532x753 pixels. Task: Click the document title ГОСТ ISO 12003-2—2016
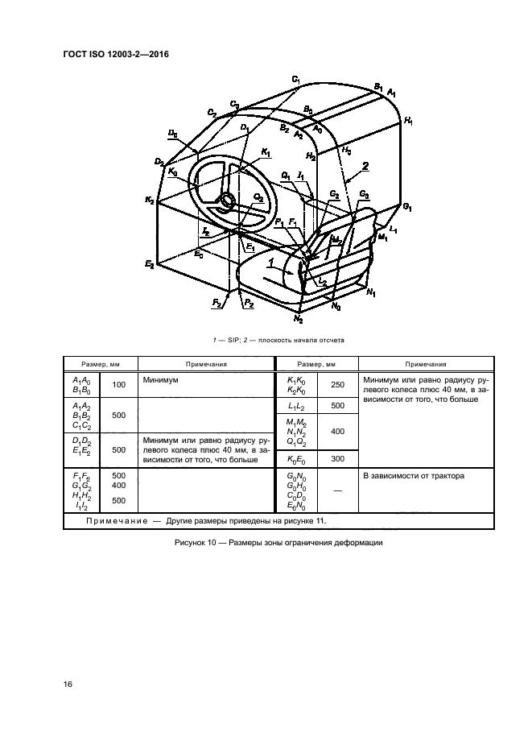[x=116, y=54]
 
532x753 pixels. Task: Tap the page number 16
[x=68, y=684]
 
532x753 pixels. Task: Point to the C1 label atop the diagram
[x=296, y=79]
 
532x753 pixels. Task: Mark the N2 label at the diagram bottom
[x=299, y=318]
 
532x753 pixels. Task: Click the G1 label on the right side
[x=407, y=207]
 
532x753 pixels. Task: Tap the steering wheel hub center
[x=226, y=200]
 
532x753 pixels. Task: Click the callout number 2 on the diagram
[x=365, y=167]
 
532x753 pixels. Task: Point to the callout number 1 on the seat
[x=270, y=263]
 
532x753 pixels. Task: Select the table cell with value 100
[x=118, y=385]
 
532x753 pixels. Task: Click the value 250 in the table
[x=338, y=385]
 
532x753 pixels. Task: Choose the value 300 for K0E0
[x=338, y=459]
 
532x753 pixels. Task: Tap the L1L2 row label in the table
[x=296, y=406]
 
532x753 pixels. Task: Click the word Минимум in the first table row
[x=160, y=380]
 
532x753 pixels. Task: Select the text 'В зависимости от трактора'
[x=414, y=476]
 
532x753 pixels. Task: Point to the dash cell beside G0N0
[x=338, y=490]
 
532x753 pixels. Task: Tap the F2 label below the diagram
[x=217, y=304]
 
